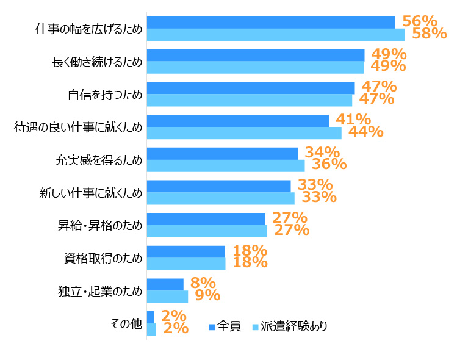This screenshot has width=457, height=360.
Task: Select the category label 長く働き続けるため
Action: (x=98, y=62)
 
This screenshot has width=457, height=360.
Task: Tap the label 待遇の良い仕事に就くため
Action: (x=78, y=127)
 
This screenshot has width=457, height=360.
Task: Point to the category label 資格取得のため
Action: (x=103, y=258)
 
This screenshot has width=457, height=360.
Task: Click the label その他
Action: (x=126, y=323)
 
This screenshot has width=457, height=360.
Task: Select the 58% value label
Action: (x=430, y=34)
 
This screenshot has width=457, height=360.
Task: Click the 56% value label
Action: (x=419, y=21)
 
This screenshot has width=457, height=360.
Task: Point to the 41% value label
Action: (x=353, y=120)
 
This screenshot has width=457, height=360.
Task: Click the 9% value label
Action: (x=207, y=295)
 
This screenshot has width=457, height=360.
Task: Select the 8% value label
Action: (x=203, y=283)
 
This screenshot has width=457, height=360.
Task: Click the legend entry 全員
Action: (x=225, y=326)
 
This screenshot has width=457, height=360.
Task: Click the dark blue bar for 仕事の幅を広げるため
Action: (x=271, y=23)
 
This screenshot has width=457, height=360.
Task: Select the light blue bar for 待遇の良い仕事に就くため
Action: (x=244, y=133)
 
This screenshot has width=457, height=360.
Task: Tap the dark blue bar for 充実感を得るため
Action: (x=222, y=153)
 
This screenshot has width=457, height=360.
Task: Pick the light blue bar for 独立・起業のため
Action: (x=167, y=297)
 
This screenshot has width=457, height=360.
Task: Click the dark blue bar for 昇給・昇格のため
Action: (x=206, y=219)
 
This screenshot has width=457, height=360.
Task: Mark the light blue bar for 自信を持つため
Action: (x=250, y=100)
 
